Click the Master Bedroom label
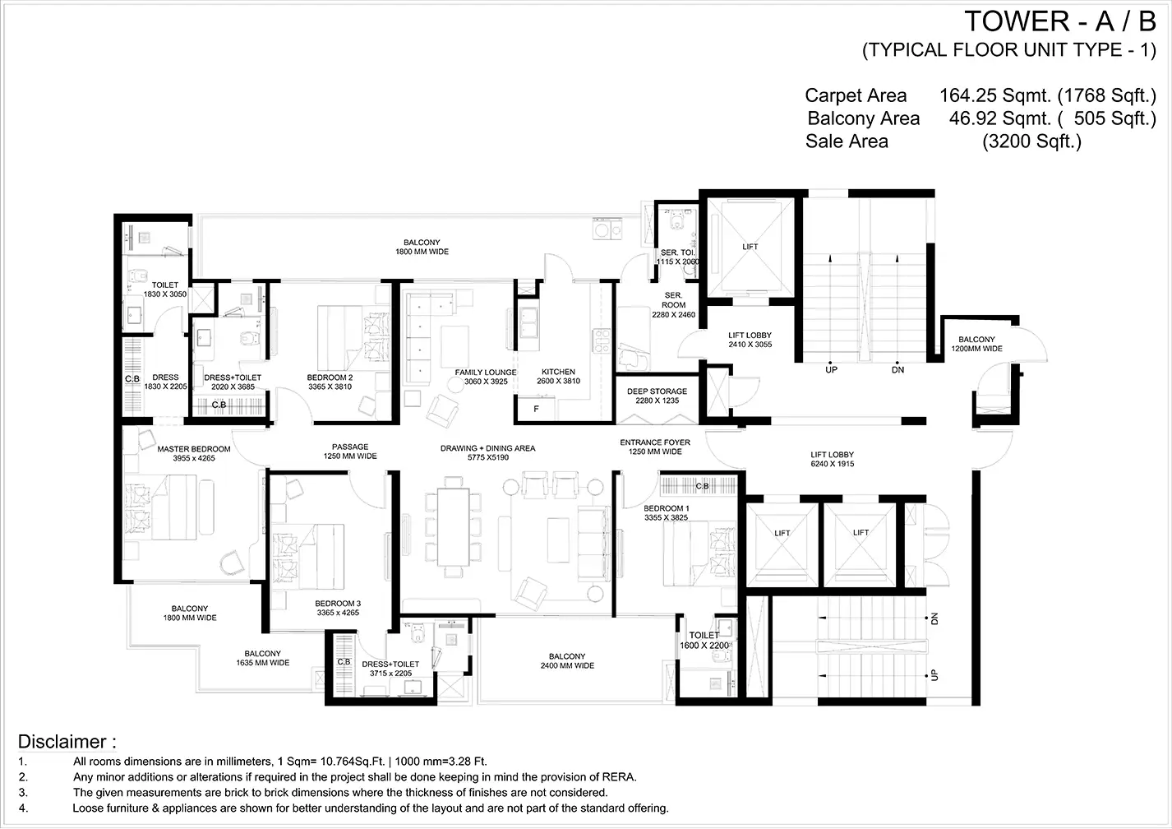click(194, 453)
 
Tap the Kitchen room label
click(558, 376)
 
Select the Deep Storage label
click(658, 396)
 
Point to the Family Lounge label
click(486, 377)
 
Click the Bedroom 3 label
click(338, 608)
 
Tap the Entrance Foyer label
click(655, 447)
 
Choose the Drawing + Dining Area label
click(487, 452)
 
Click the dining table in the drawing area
click(453, 527)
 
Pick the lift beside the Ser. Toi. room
click(750, 247)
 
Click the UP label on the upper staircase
click(832, 370)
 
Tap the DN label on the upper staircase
click(897, 370)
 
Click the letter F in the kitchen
click(537, 409)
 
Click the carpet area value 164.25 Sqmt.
click(994, 95)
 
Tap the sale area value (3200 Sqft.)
click(1031, 141)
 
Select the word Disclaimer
click(62, 742)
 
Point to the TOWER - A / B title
click(1060, 21)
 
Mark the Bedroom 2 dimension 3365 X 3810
click(330, 387)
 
